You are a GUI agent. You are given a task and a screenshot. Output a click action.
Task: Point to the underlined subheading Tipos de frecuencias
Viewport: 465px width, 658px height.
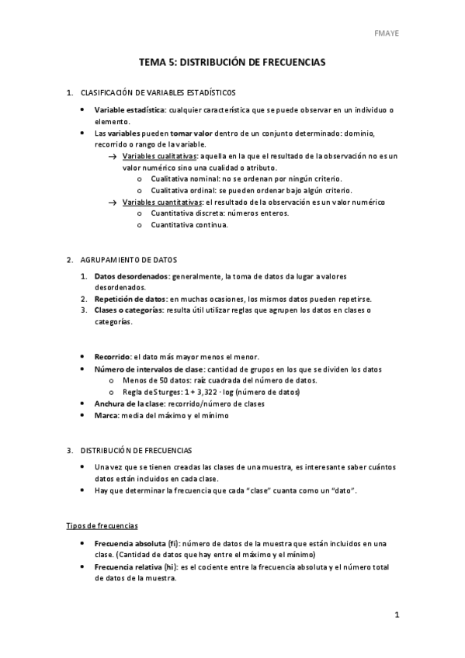coord(102,526)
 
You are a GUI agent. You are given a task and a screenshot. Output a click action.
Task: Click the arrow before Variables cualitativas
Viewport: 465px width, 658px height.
coord(113,157)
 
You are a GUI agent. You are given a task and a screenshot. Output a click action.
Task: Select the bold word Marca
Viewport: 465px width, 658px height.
coord(106,415)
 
